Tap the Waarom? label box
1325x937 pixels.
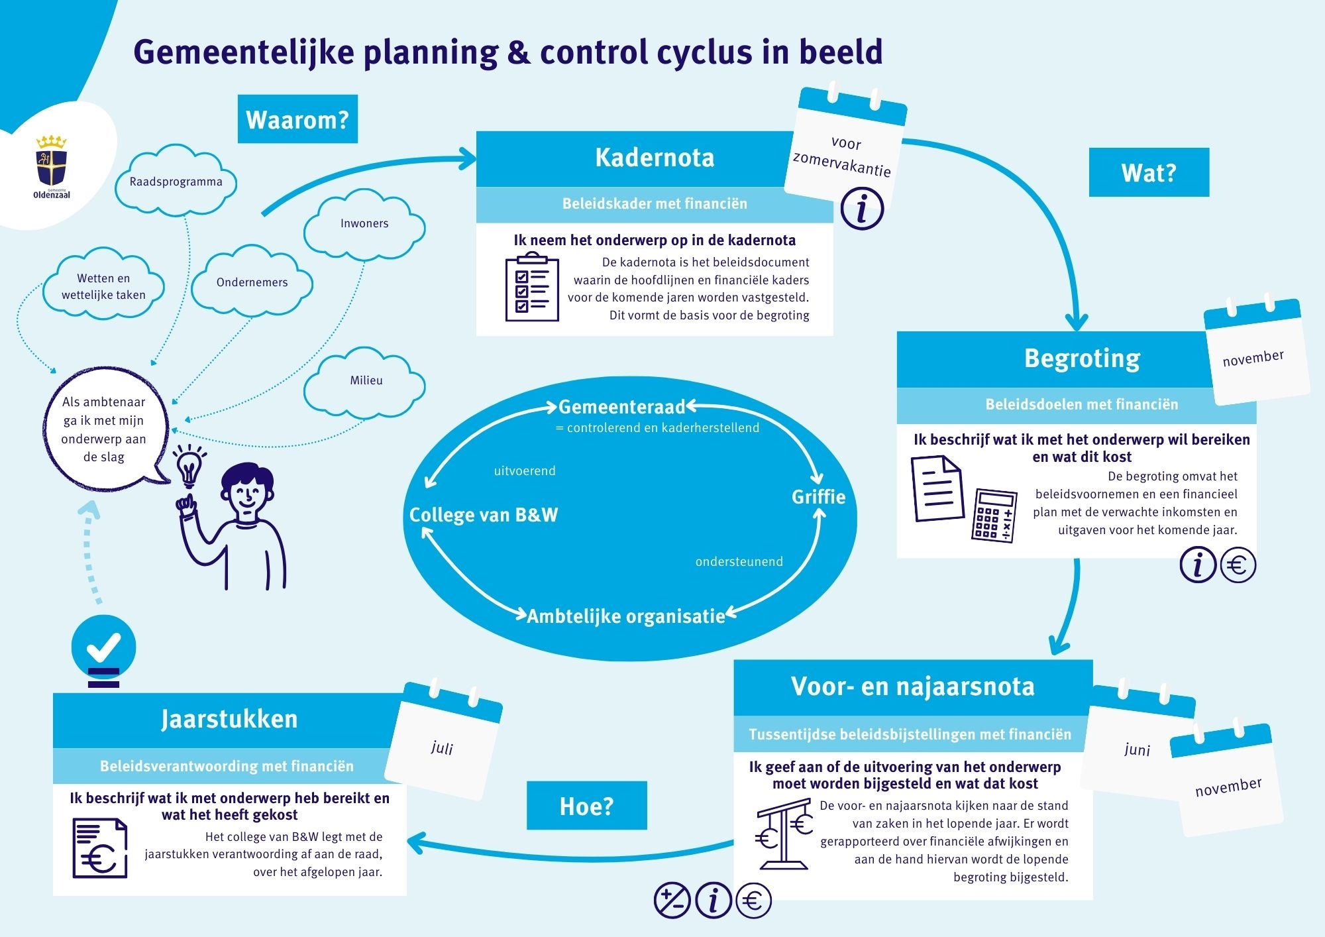pyautogui.click(x=297, y=119)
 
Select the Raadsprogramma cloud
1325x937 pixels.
pyautogui.click(x=176, y=181)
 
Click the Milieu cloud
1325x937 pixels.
pyautogui.click(x=365, y=381)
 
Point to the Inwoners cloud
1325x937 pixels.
pyautogui.click(x=364, y=224)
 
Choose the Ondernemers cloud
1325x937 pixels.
pyautogui.click(x=252, y=282)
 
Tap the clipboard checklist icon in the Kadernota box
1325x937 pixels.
pyautogui.click(x=532, y=287)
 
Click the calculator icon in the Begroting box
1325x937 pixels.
pyautogui.click(x=994, y=516)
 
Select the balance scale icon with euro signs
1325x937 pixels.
pyautogui.click(x=784, y=834)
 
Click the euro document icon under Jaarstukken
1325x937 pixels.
pyautogui.click(x=99, y=848)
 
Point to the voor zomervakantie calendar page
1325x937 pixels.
pyautogui.click(x=845, y=149)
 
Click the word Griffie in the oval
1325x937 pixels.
pyautogui.click(x=818, y=497)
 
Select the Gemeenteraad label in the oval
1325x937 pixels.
pyautogui.click(x=621, y=406)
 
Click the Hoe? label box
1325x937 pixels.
pyautogui.click(x=586, y=806)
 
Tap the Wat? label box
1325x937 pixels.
pyautogui.click(x=1149, y=172)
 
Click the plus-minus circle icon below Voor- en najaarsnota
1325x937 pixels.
pyautogui.click(x=672, y=901)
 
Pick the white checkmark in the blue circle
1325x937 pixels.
pyautogui.click(x=103, y=647)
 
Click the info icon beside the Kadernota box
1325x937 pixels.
pyautogui.click(x=862, y=208)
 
